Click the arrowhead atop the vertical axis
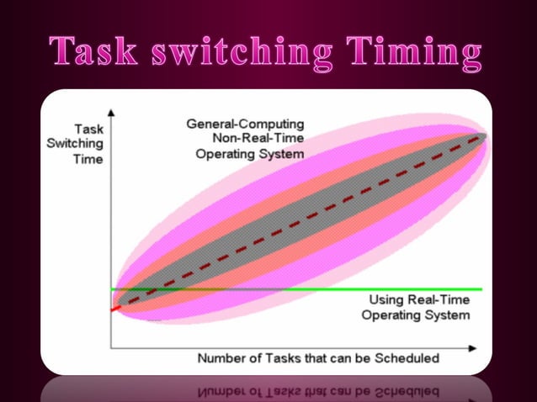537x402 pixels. click(x=111, y=110)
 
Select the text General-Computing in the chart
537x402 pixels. click(x=245, y=124)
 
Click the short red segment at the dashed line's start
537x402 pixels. click(x=116, y=308)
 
